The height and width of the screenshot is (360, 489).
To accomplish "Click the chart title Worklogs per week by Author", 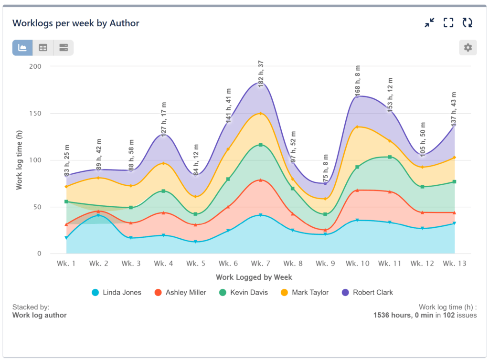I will (75, 23).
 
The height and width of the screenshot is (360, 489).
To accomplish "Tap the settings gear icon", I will (468, 48).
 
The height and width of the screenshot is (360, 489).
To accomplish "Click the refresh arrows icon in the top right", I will (467, 22).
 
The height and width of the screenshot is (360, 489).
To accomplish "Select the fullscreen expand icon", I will (448, 22).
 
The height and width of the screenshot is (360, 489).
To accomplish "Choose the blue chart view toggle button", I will (22, 48).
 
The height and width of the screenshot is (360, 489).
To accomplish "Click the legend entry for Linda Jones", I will (117, 292).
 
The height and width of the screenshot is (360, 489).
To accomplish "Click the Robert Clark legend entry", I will (367, 292).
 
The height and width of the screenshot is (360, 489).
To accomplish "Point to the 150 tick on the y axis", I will (47, 113).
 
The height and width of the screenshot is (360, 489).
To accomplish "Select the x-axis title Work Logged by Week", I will (254, 277).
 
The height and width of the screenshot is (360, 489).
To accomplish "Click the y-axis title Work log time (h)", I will (19, 159).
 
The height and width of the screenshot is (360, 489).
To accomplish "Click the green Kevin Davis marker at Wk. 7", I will (261, 145).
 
